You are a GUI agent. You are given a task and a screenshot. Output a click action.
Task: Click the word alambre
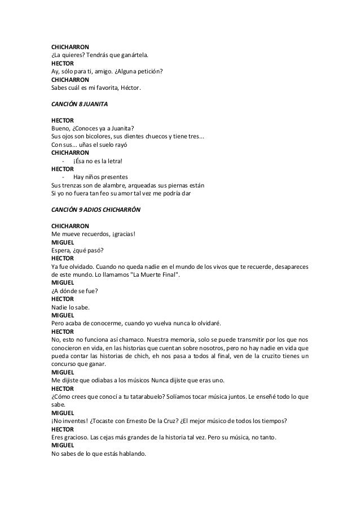click(110, 185)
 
